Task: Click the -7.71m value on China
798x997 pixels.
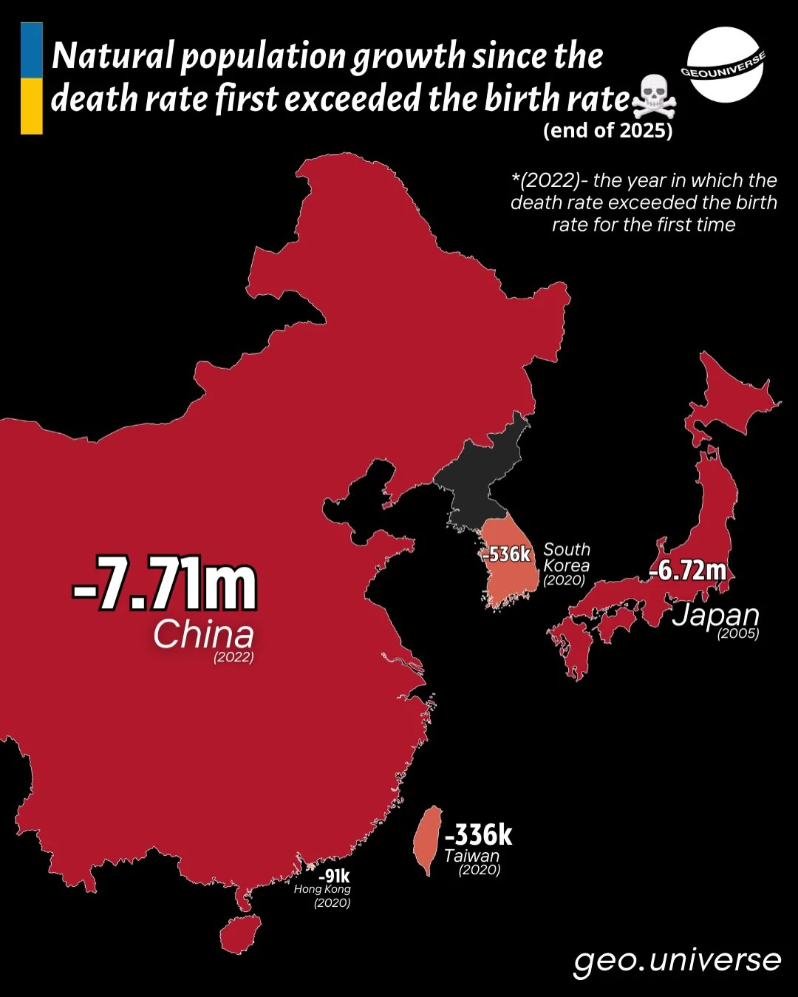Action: [165, 585]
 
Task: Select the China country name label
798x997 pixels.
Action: [203, 634]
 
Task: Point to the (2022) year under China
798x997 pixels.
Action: [233, 657]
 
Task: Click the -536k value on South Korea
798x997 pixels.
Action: [506, 554]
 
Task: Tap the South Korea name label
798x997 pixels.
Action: [567, 557]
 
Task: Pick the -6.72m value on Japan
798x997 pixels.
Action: [687, 571]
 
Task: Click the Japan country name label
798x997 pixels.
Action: [715, 614]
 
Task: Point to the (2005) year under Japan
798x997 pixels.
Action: [738, 633]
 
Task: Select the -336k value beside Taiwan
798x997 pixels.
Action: [478, 835]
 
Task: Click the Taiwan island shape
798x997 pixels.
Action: [427, 840]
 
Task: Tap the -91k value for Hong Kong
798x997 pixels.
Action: [334, 877]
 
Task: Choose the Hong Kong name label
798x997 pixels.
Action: [322, 889]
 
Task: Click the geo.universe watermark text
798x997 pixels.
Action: [677, 960]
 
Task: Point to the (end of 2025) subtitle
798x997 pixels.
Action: [607, 131]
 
